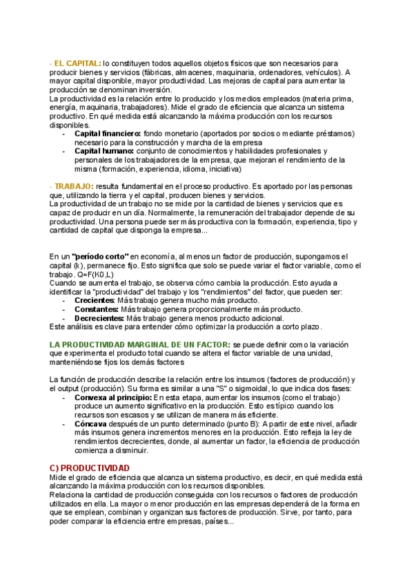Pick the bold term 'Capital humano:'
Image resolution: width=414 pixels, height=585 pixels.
pos(103,150)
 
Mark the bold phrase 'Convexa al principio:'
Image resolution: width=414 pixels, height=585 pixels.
pos(113,397)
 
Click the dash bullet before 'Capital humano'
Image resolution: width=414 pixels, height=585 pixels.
pos(64,150)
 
